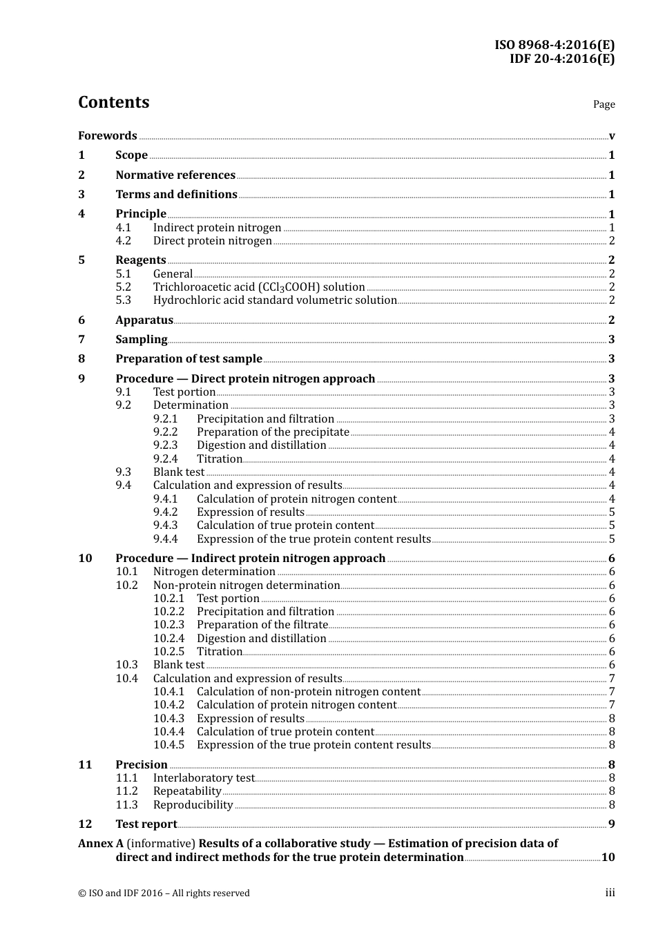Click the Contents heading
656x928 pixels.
[113, 102]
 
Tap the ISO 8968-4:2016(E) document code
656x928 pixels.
[554, 45]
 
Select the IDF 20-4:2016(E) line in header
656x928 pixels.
[561, 59]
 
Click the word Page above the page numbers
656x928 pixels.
[604, 104]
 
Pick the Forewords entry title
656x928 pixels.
[107, 135]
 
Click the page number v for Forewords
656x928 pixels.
[612, 136]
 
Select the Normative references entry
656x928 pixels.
[175, 175]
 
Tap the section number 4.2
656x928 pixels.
[123, 241]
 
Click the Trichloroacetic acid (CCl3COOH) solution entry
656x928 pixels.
[259, 287]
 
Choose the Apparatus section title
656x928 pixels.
[144, 320]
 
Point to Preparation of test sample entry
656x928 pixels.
[189, 358]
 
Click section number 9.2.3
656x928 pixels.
[165, 445]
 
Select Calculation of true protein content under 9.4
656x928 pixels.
[285, 525]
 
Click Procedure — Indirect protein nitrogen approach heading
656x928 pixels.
[250, 558]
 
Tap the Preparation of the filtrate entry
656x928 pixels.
[262, 625]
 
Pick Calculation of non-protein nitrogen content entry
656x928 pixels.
[308, 692]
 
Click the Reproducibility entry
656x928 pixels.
[193, 805]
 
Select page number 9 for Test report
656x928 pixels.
[612, 824]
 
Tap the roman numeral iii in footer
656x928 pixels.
[610, 893]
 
